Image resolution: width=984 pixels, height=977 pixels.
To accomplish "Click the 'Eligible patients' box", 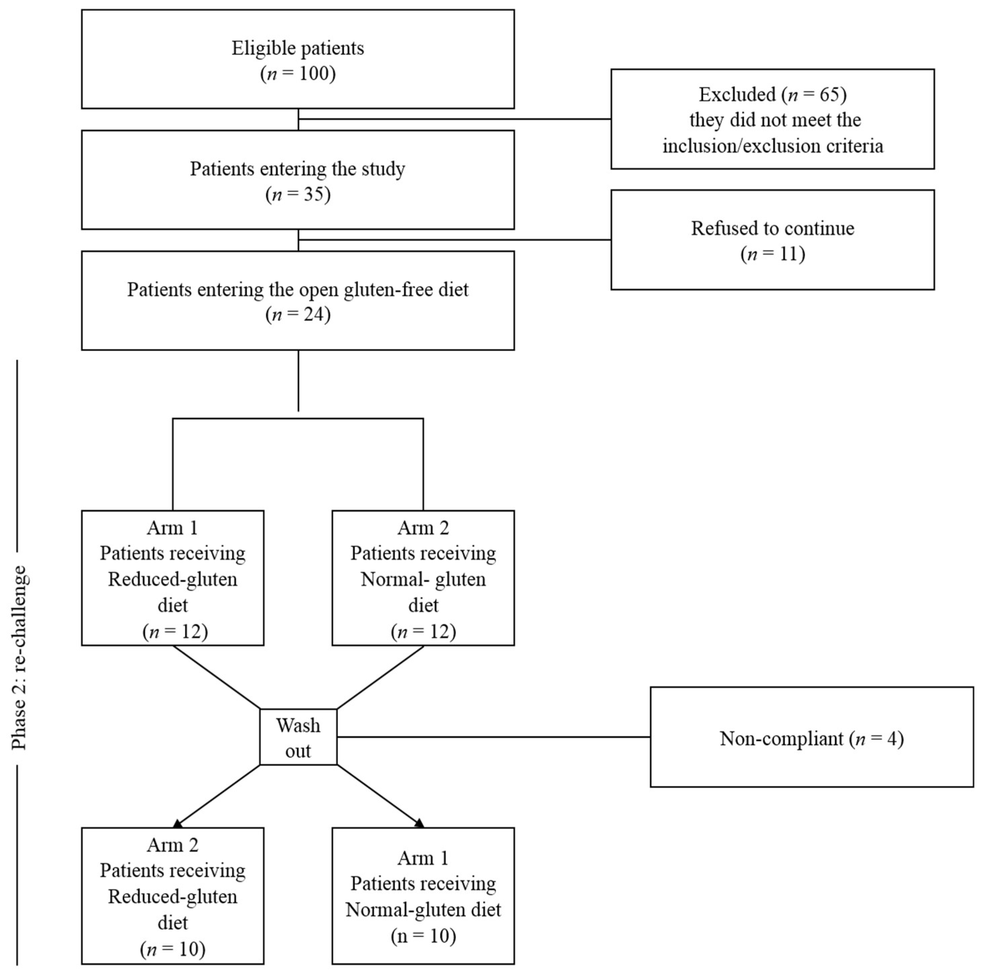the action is tap(298, 59).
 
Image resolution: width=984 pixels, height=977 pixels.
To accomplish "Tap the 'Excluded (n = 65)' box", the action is tap(773, 119).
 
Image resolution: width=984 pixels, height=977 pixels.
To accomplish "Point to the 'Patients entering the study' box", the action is tap(298, 180).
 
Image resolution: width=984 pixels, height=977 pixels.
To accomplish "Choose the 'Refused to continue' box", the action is tap(773, 240).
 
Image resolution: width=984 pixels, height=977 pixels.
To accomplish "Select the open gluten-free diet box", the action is tap(298, 300).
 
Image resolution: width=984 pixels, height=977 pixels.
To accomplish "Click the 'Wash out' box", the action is tap(298, 737).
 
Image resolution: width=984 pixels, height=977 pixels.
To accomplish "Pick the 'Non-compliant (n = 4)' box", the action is tap(812, 737).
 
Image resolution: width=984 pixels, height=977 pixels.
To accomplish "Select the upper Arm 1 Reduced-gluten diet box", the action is tap(173, 578).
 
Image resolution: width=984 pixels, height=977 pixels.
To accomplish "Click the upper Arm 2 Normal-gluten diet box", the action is tap(423, 578).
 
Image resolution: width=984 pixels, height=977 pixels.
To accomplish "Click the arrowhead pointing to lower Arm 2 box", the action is tap(178, 823).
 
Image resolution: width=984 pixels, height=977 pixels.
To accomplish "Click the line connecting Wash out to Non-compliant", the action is tap(494, 737).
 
